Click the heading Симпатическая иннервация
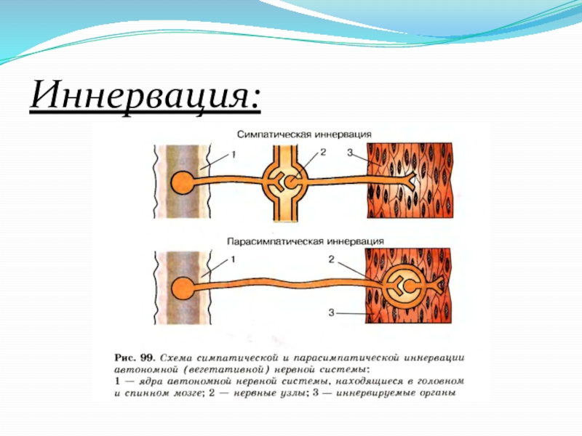click(304, 134)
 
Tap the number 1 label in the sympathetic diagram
click(234, 154)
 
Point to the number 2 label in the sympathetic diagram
click(323, 152)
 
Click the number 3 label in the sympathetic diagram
click(351, 153)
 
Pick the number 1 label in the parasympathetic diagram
click(234, 259)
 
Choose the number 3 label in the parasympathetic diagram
click(331, 312)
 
